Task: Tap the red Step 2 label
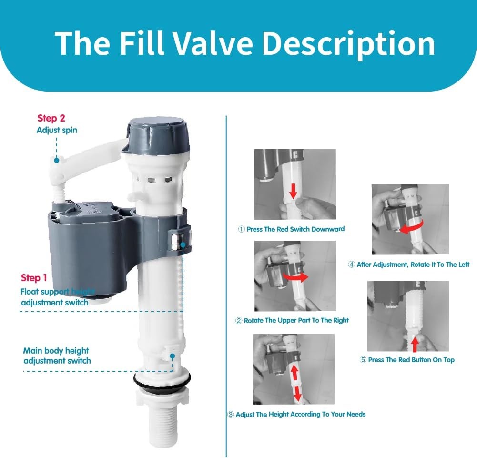coord(51,118)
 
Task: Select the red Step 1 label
coord(34,277)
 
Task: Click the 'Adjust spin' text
coord(57,130)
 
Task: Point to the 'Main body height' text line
coord(56,351)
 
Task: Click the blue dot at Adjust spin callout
coord(57,160)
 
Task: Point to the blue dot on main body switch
coord(173,356)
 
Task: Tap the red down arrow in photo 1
coord(293,191)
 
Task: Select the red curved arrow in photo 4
coord(412,227)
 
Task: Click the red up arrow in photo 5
coord(415,345)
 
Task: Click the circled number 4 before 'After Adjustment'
coord(351,265)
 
